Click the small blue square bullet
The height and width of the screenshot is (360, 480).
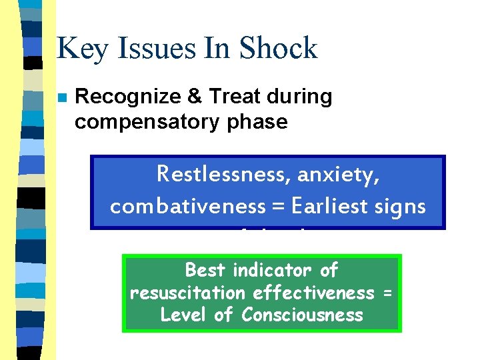click(61, 97)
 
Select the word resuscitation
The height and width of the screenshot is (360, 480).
click(187, 293)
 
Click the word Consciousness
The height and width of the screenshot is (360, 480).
click(303, 315)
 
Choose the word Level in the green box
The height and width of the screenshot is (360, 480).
click(183, 315)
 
